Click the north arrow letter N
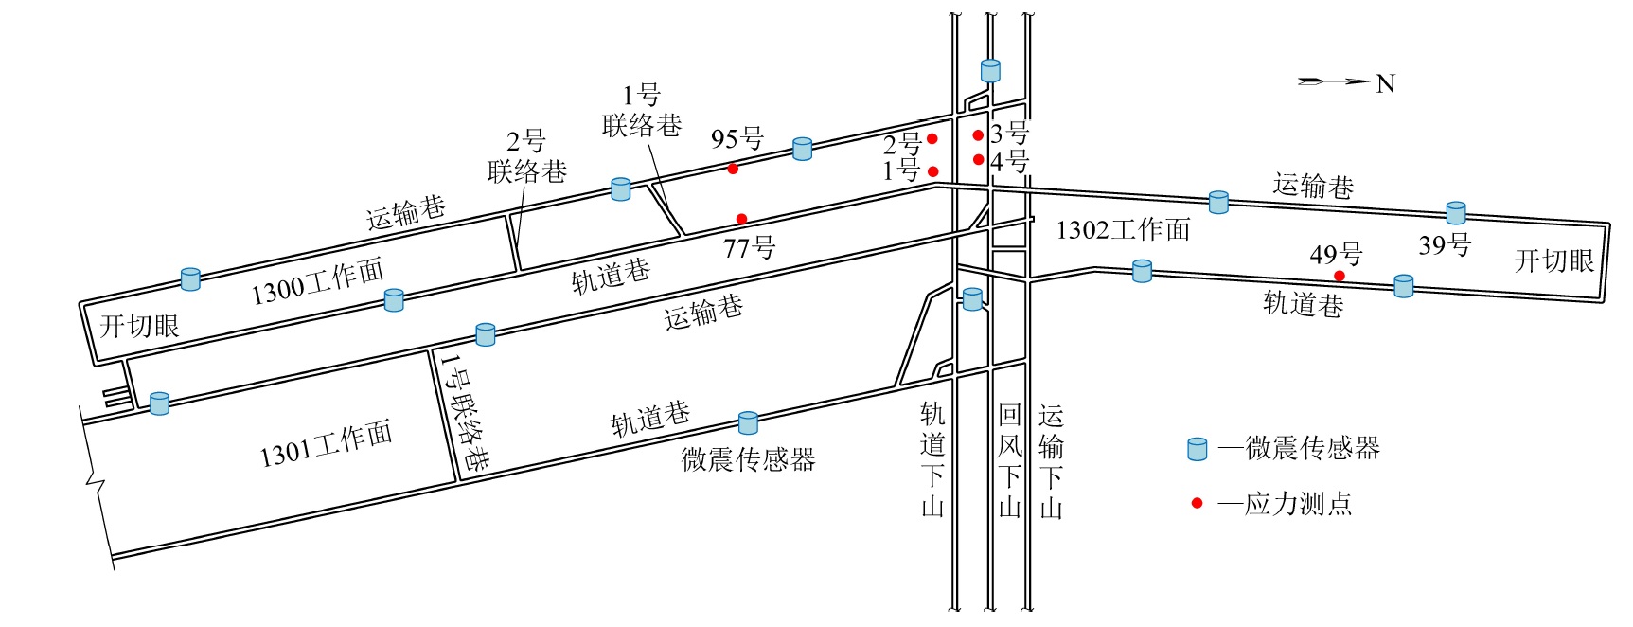[1385, 84]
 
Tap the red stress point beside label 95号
[733, 169]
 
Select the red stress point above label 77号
[741, 219]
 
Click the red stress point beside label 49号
[1339, 276]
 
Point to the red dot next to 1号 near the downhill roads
[932, 171]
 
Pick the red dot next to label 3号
[978, 135]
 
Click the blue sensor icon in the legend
[1198, 449]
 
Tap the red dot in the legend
[1197, 503]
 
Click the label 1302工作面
[1123, 229]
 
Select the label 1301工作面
[326, 444]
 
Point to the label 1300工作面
[317, 281]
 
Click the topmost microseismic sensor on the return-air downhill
[990, 70]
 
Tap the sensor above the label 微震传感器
[748, 422]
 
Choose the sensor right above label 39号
[1456, 212]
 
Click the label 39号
[1445, 245]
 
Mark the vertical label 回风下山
[1010, 459]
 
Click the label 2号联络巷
[526, 157]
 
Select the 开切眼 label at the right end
[1554, 260]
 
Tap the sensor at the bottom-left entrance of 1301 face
[159, 403]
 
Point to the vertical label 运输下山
[1051, 461]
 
